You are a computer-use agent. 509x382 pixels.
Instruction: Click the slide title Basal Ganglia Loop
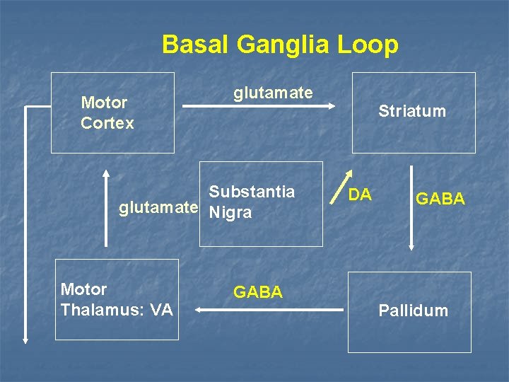(280, 45)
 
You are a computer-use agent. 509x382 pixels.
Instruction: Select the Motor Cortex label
(107, 113)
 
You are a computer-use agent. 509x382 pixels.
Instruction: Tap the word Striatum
(412, 111)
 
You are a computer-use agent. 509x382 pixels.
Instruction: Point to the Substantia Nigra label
(252, 202)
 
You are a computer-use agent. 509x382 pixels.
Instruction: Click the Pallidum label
(413, 311)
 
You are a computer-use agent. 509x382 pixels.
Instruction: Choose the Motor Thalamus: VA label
(117, 299)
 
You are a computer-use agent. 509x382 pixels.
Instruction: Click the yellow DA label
(360, 193)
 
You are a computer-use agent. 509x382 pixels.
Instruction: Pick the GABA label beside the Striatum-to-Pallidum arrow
(440, 199)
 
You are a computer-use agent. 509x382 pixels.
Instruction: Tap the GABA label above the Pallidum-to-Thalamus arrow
(258, 292)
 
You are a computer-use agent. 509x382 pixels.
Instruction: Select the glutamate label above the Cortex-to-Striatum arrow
(273, 93)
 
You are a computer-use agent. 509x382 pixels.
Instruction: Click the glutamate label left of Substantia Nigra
(158, 208)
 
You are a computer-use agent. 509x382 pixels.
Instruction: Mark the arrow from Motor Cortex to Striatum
(259, 107)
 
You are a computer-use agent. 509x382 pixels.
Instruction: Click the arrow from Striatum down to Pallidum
(412, 208)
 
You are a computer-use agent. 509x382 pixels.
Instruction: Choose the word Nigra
(230, 213)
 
